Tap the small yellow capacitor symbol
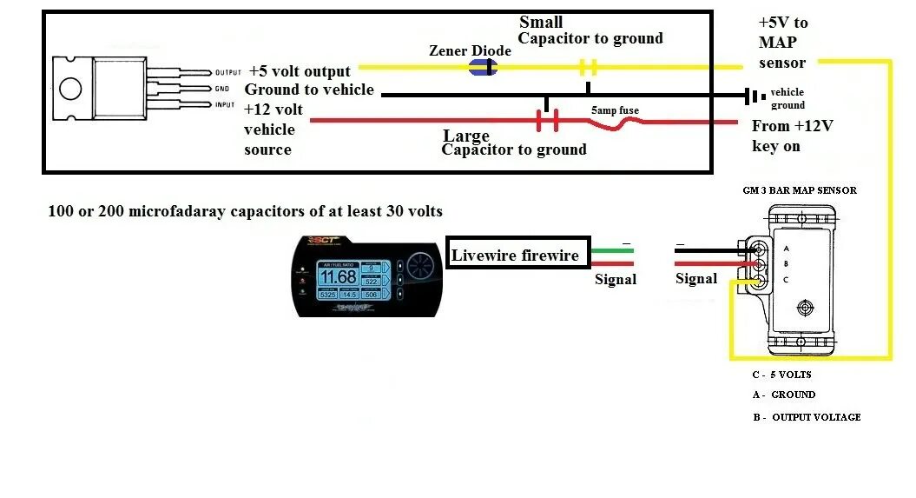coord(589,66)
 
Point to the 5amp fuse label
coord(616,111)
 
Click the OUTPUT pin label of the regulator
coord(227,73)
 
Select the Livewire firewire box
coord(518,256)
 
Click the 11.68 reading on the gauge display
coord(337,277)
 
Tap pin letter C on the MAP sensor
coord(785,279)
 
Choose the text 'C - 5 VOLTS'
coord(781,375)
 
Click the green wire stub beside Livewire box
coord(613,251)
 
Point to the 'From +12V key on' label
coord(792,136)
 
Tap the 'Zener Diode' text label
coord(470,50)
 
